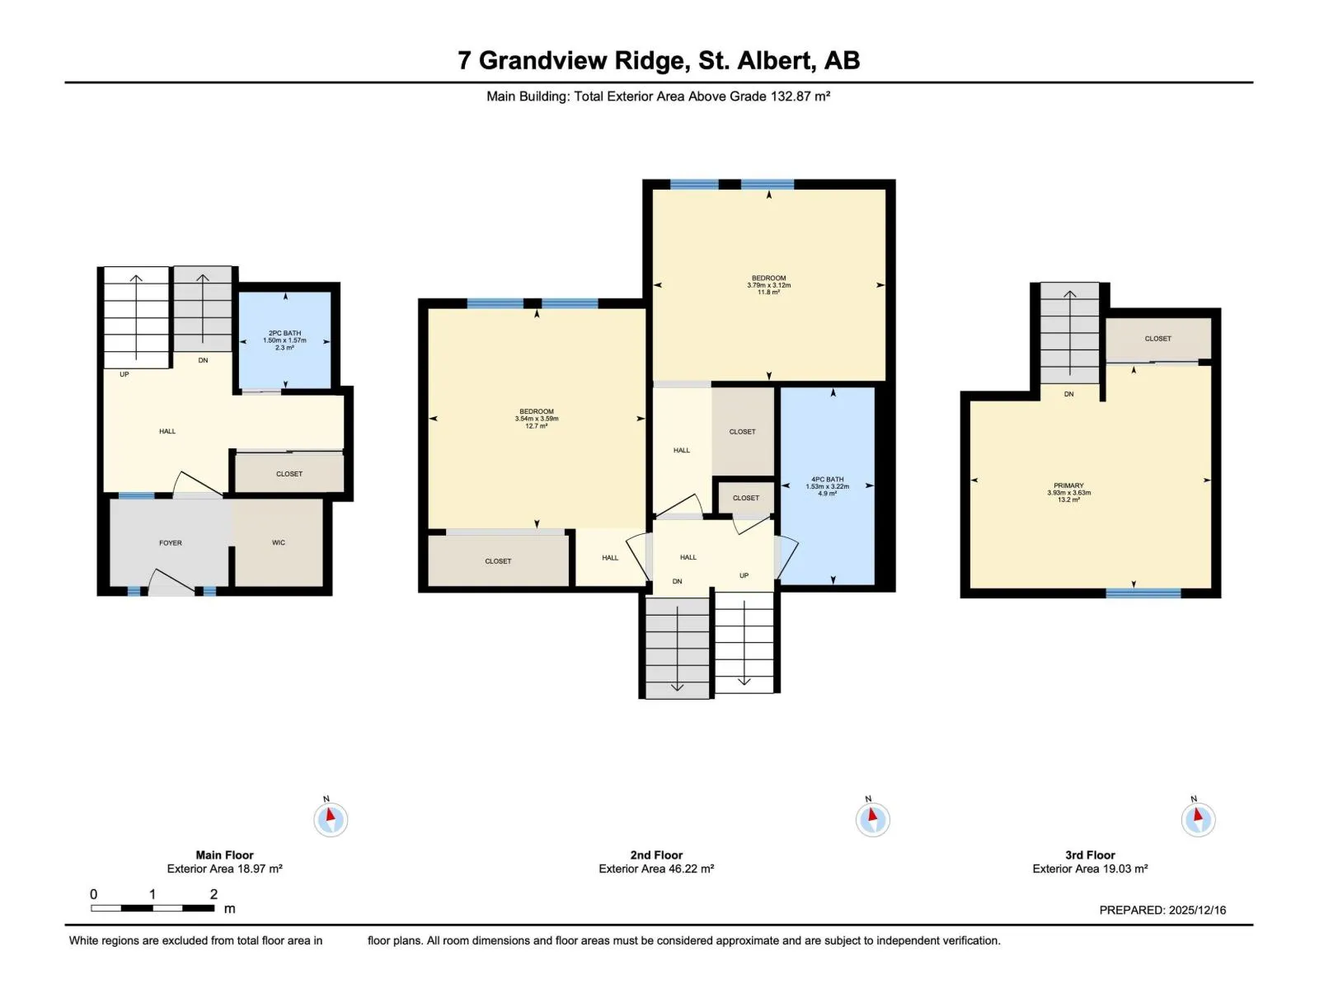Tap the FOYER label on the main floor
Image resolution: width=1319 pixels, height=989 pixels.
pos(171,543)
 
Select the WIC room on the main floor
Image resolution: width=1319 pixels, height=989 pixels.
pos(279,542)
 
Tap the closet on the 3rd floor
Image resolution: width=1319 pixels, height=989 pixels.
pos(1157,339)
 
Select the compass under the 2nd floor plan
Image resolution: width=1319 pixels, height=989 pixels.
pos(872,819)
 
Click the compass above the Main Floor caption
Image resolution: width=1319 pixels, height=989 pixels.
pos(331,819)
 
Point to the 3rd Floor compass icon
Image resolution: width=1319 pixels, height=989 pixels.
pos(1198,819)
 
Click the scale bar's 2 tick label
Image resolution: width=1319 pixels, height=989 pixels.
pos(214,894)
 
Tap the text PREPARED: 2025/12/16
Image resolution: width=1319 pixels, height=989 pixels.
pos(1162,910)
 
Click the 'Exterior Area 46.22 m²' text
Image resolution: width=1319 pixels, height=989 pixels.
pos(656,869)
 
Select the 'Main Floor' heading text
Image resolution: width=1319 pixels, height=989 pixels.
pos(224,855)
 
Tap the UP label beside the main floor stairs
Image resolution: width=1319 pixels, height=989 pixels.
pos(124,374)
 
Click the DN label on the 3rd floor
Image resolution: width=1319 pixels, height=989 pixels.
pos(1068,394)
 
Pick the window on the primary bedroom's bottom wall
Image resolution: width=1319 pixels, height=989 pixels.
pos(1143,593)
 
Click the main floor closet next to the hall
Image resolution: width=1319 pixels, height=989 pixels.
pos(289,474)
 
